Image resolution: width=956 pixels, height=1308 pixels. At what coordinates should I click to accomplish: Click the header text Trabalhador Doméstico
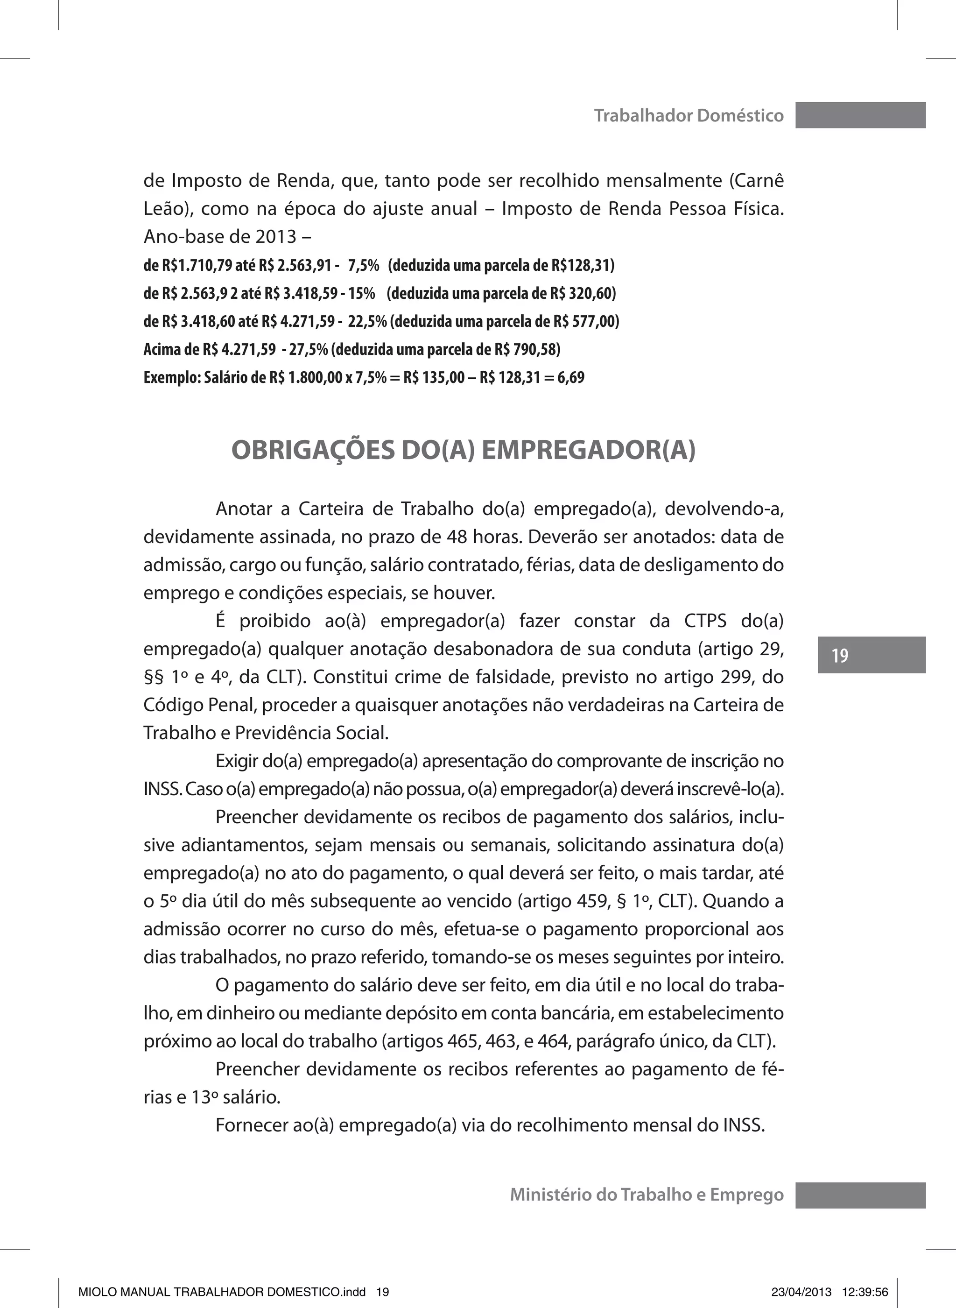click(x=689, y=116)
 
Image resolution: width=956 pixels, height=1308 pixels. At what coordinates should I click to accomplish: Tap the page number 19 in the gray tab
click(x=840, y=655)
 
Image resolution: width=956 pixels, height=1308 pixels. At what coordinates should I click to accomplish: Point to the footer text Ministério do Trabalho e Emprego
click(x=647, y=1195)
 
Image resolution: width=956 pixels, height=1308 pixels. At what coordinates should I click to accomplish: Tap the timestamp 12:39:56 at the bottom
click(x=865, y=1292)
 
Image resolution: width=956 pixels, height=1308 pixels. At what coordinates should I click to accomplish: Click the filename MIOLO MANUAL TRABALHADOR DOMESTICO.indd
click(x=222, y=1292)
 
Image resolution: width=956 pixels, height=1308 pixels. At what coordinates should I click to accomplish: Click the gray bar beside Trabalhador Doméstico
click(x=860, y=115)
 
